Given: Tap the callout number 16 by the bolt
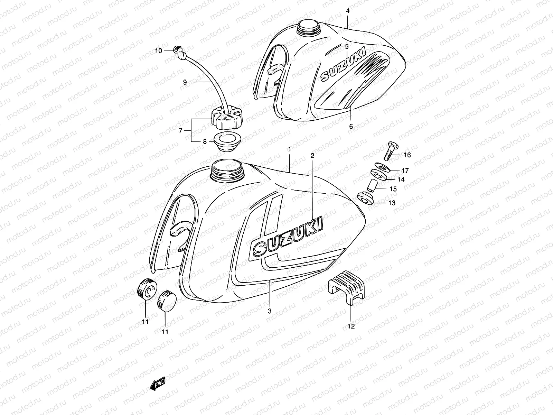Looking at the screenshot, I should (407, 155).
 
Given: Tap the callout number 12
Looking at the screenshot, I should (351, 326).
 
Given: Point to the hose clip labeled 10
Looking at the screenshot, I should (178, 52).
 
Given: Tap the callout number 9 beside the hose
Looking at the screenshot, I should (185, 82).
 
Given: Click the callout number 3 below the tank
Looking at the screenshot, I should (270, 311).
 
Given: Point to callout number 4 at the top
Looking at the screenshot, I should (348, 11).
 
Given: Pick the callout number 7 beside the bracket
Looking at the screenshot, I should (180, 131).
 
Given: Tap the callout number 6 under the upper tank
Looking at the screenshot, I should (351, 127).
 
